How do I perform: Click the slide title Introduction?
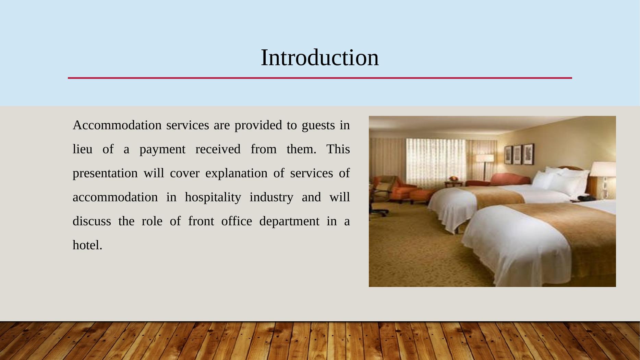(320, 57)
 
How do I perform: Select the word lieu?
(83, 149)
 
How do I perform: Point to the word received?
(218, 149)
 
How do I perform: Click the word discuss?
(92, 221)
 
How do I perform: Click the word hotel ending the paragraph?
(87, 245)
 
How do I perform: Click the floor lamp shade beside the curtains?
(485, 158)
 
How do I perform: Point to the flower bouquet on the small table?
(453, 178)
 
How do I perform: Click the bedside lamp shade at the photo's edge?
(603, 169)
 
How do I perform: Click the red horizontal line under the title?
(320, 78)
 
